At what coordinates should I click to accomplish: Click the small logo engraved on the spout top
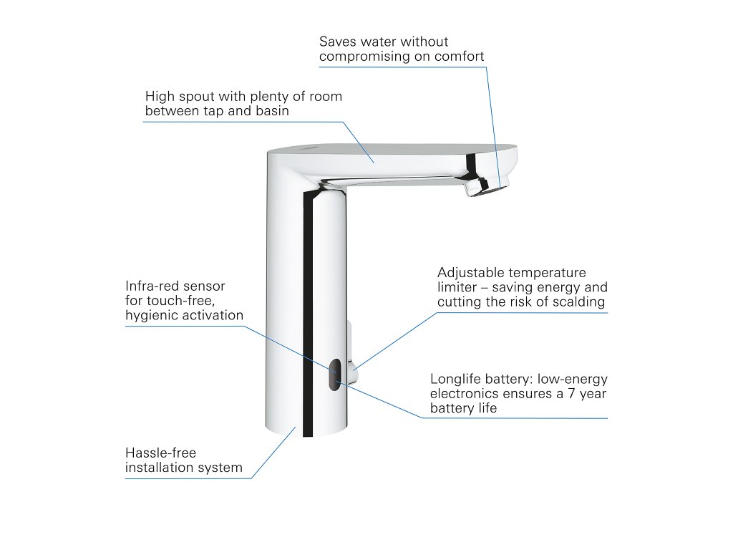pyautogui.click(x=310, y=146)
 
